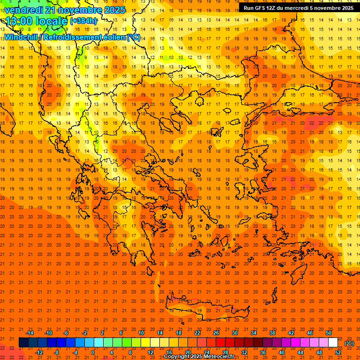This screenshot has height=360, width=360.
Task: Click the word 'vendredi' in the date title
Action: (23, 10)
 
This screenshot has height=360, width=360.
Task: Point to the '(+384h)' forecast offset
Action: (83, 21)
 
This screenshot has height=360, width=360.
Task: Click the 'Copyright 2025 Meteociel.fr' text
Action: (199, 357)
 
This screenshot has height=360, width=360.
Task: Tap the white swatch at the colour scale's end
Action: (333, 343)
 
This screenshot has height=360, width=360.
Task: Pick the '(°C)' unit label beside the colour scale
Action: (349, 343)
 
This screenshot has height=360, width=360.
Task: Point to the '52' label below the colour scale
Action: (338, 352)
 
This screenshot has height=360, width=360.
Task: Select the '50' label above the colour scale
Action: (329, 333)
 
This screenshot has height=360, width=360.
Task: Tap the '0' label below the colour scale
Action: (93, 352)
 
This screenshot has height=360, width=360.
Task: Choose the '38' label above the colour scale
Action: (272, 333)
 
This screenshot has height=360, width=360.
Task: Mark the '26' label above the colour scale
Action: (216, 333)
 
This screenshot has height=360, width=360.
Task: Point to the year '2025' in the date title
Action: (115, 10)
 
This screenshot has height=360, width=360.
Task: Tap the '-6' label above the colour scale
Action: (66, 333)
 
